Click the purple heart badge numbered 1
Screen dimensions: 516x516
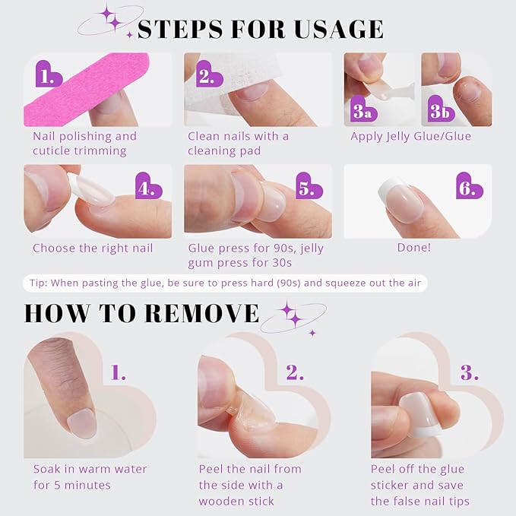click(49, 75)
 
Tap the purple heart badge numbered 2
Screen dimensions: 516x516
click(205, 75)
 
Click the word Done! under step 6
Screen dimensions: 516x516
click(413, 248)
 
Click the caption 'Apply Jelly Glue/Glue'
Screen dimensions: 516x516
click(410, 137)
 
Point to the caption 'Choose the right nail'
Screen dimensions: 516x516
click(93, 248)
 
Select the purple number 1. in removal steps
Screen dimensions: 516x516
click(119, 373)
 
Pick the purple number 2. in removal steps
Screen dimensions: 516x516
click(295, 373)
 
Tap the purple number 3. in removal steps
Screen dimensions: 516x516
click(470, 373)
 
